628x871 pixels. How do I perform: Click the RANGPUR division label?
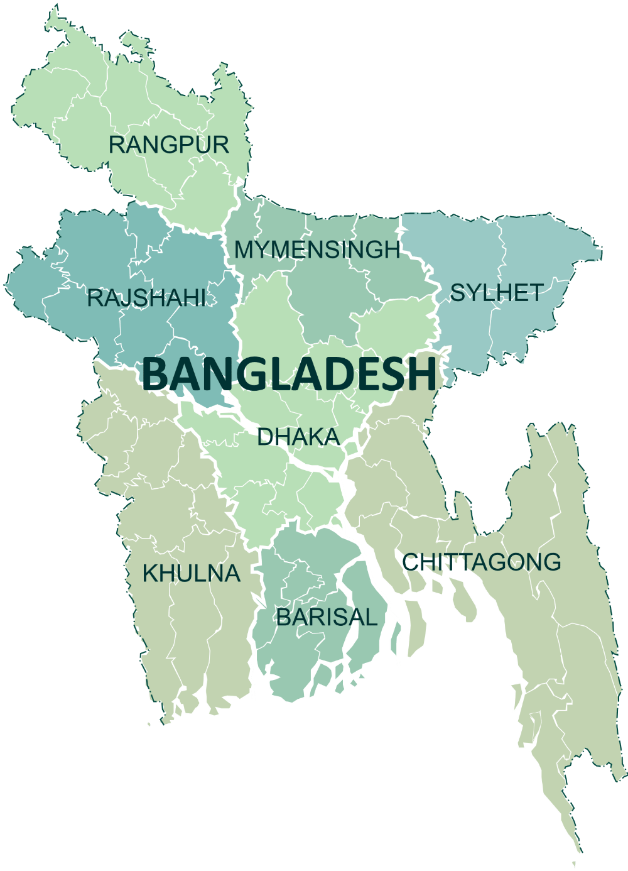pyautogui.click(x=169, y=145)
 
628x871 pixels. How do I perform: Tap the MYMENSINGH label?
pyautogui.click(x=317, y=249)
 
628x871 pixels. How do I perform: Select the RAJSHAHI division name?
pyautogui.click(x=147, y=298)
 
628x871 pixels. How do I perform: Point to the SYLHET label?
pyautogui.click(x=497, y=293)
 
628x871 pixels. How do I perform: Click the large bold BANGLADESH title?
pyautogui.click(x=289, y=375)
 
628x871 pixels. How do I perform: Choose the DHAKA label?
pyautogui.click(x=298, y=437)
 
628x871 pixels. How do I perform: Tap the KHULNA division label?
pyautogui.click(x=192, y=573)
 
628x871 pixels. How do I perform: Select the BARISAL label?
pyautogui.click(x=327, y=617)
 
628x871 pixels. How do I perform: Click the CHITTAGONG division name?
pyautogui.click(x=481, y=562)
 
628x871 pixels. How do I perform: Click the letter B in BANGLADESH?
pyautogui.click(x=156, y=375)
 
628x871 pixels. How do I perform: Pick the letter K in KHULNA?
pyautogui.click(x=151, y=573)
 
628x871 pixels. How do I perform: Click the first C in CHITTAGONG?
pyautogui.click(x=411, y=562)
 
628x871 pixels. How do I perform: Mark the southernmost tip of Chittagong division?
pyautogui.click(x=574, y=866)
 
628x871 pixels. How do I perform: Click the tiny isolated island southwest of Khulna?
pyautogui.click(x=149, y=724)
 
